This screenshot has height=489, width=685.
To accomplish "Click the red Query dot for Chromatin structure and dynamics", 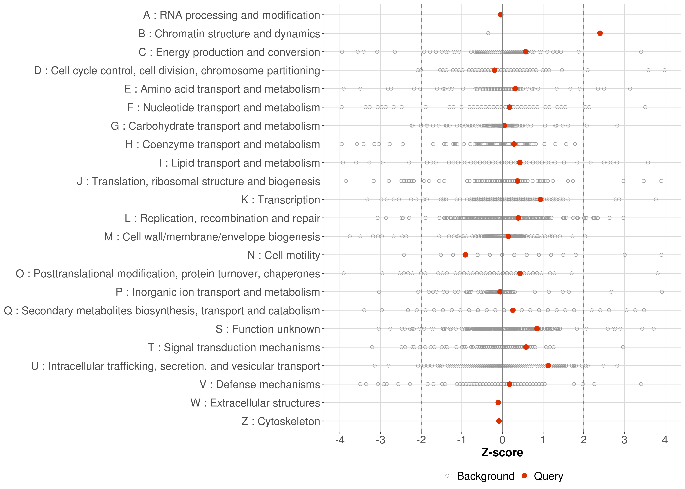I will pyautogui.click(x=600, y=33).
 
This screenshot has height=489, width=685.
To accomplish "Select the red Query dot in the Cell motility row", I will pyautogui.click(x=465, y=255).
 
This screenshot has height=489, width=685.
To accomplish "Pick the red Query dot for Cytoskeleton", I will pyautogui.click(x=499, y=421).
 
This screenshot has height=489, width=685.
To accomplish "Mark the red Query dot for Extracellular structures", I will pyautogui.click(x=498, y=403).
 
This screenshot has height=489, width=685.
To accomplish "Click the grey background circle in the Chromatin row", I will pyautogui.click(x=488, y=33).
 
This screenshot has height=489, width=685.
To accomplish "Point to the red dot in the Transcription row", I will pyautogui.click(x=540, y=199).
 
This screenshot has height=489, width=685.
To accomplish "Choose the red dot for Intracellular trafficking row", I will pyautogui.click(x=548, y=366).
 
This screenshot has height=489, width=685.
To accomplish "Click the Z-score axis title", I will pyautogui.click(x=502, y=452).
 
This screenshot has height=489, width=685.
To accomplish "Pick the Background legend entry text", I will pyautogui.click(x=486, y=476).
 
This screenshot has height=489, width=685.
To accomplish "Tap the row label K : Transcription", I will pyautogui.click(x=281, y=200).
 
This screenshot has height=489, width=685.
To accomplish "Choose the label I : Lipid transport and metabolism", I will pyautogui.click(x=239, y=163).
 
